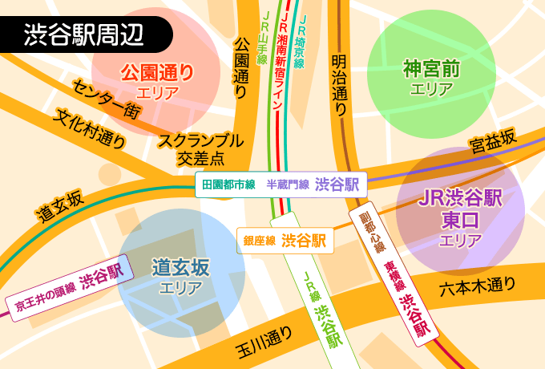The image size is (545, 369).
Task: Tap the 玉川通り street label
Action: click(x=265, y=343)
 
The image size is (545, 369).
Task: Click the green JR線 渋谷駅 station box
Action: click(x=321, y=309)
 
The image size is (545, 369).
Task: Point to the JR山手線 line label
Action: click(x=263, y=38)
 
